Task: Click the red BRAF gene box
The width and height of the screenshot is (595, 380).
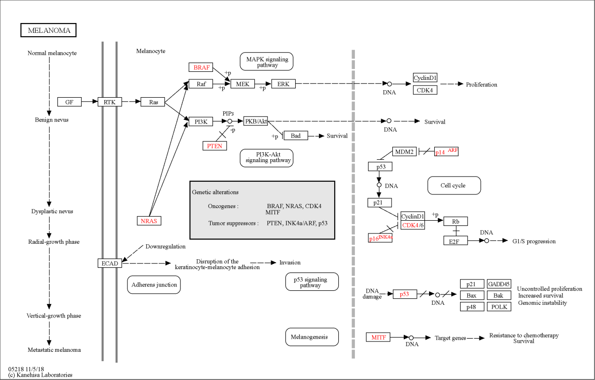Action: coord(201,67)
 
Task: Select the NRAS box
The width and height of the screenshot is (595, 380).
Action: coord(149,221)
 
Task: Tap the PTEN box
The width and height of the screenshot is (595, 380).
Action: coord(215,146)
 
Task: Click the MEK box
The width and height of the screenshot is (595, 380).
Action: coord(243,84)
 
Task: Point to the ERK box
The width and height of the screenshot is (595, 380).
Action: coord(283,84)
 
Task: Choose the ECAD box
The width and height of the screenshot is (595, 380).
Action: coord(110,263)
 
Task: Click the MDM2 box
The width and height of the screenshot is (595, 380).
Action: coord(404,152)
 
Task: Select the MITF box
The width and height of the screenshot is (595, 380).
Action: coord(378,337)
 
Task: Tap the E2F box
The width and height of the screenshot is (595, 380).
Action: coord(455,240)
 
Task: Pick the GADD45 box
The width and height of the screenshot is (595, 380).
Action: coord(499,284)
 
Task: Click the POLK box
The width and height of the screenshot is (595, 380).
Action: coord(499,307)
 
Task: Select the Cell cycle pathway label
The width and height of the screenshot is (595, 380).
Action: coord(454,186)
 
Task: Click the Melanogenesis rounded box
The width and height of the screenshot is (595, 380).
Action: coord(312,337)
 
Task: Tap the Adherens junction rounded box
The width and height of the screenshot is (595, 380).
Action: coord(154,285)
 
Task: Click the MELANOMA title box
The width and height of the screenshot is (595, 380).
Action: coord(48,30)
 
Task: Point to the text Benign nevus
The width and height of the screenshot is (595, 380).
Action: coord(52,120)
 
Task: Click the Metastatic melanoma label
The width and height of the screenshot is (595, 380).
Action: coord(54,350)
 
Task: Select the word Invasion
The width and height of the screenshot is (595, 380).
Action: coord(290,263)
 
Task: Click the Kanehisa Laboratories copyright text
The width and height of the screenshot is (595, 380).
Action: coord(40,375)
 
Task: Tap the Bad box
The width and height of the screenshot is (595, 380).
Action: coord(296,135)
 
